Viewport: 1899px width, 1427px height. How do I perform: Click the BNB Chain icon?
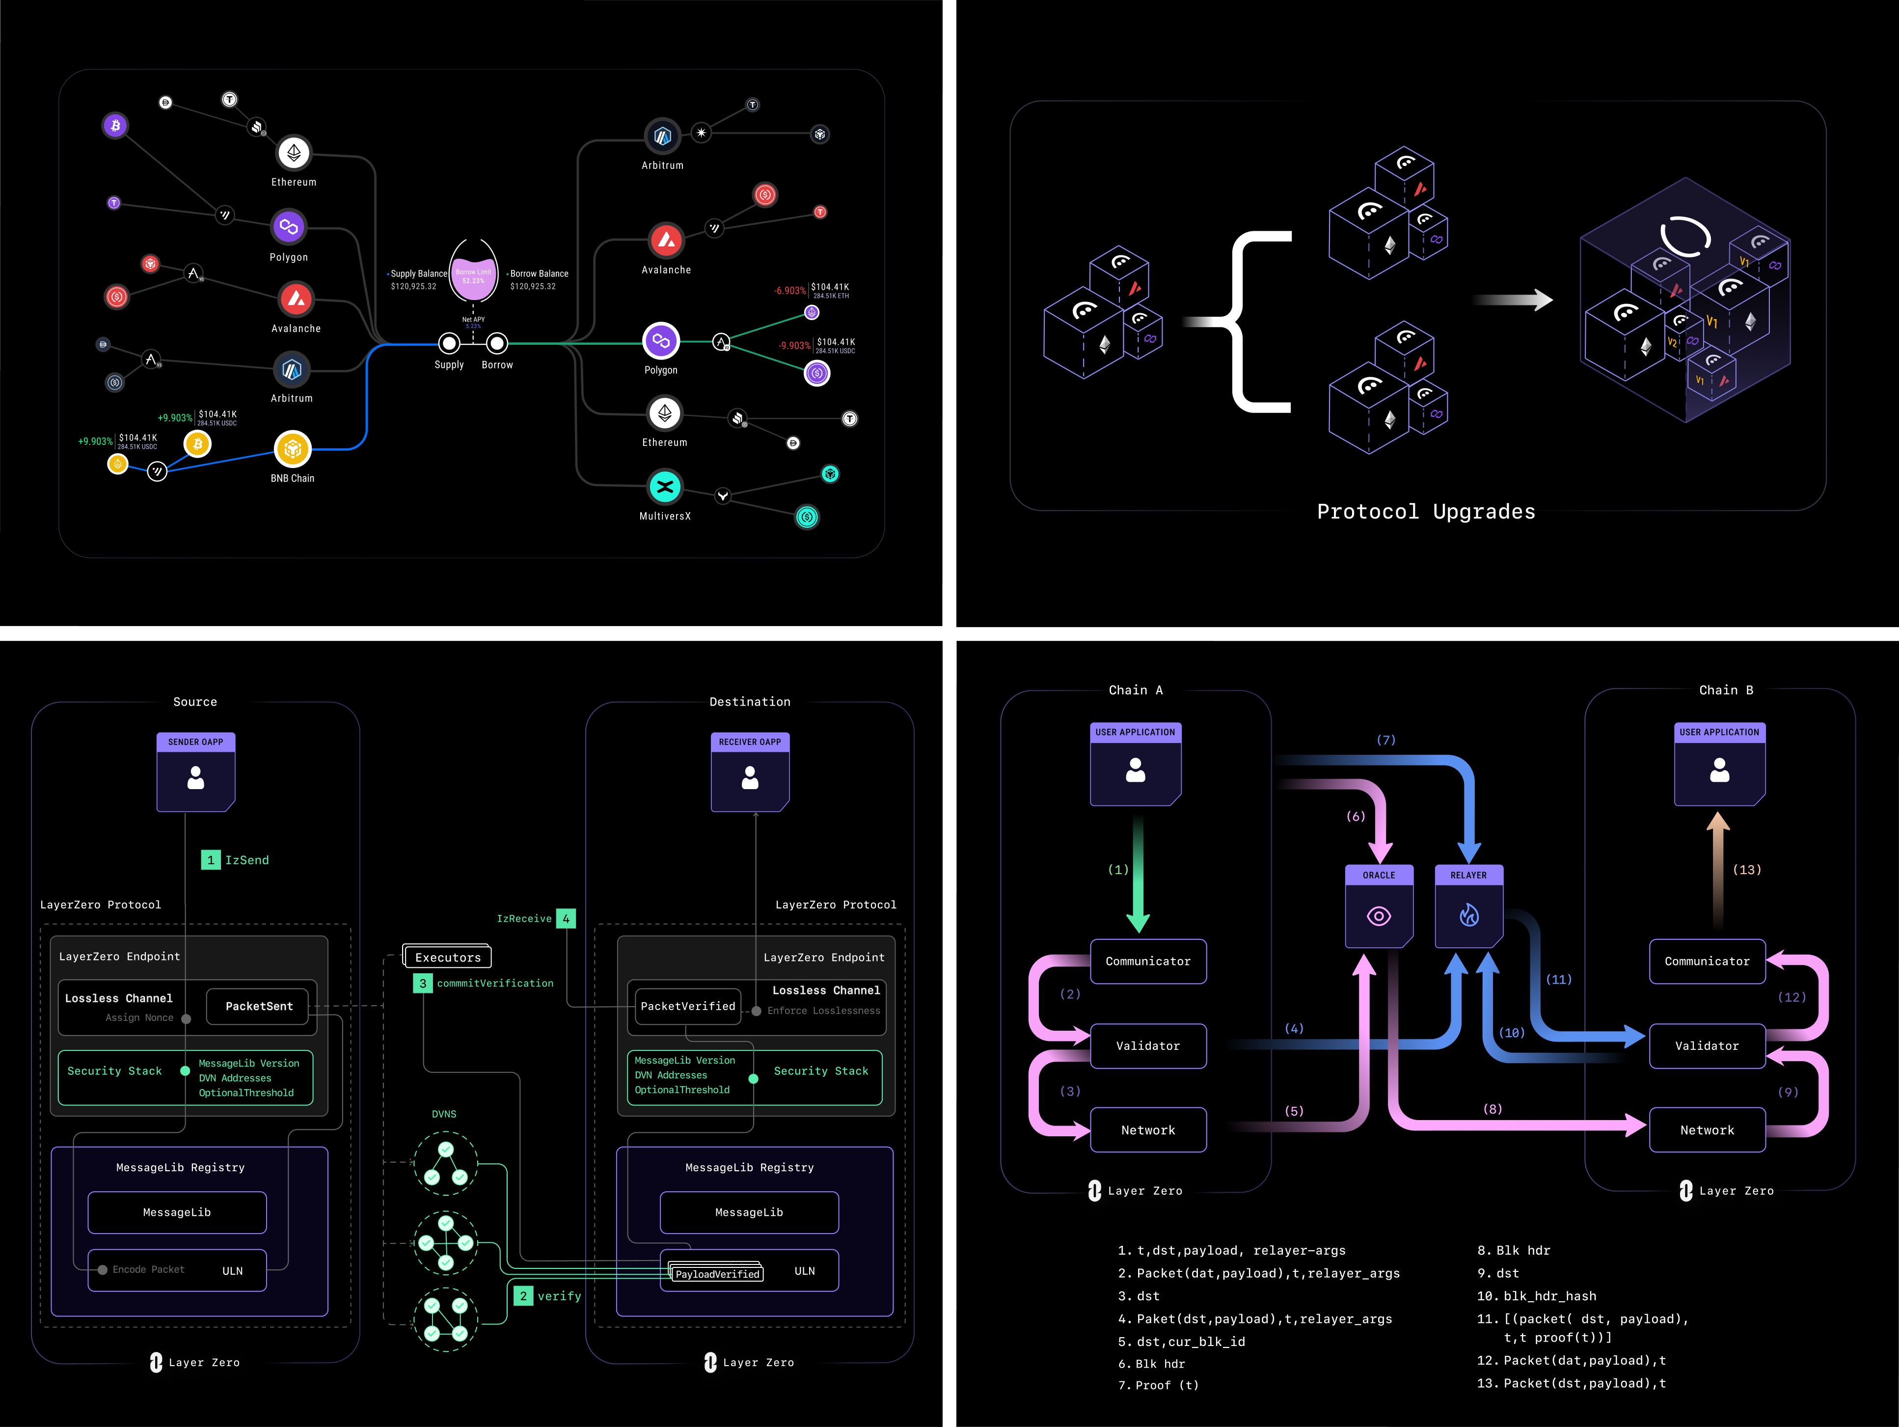tap(293, 448)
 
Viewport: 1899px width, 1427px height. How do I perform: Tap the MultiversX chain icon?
tap(664, 487)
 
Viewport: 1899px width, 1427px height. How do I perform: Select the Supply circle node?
tap(449, 343)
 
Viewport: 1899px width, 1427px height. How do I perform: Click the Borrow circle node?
tap(497, 343)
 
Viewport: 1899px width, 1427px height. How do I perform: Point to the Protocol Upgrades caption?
tap(1426, 512)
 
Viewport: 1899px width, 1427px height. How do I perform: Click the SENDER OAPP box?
tap(196, 772)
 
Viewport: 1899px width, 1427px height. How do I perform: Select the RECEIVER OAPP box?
tap(750, 772)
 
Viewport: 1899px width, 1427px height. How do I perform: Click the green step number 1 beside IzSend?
tap(210, 859)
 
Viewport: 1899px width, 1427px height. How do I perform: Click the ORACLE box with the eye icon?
tap(1379, 906)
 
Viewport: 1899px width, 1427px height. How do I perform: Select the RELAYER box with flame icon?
tap(1469, 906)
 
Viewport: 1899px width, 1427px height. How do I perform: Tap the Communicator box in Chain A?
tap(1148, 961)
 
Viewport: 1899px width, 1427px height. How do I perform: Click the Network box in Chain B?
tap(1707, 1130)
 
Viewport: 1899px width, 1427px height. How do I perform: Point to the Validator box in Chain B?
tap(1707, 1046)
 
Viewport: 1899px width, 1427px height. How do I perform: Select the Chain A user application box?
tap(1135, 764)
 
